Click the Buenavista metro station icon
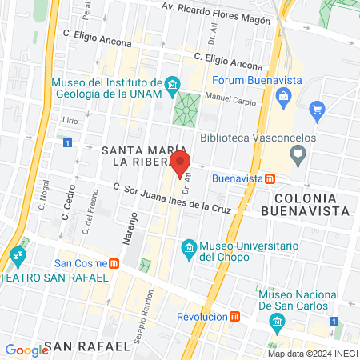271,178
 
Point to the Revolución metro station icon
234,316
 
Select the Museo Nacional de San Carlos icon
278,322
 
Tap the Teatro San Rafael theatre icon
18,257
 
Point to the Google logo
26,350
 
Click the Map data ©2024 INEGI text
312,354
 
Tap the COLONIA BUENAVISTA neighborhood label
311,204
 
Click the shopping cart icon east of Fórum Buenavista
318,109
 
